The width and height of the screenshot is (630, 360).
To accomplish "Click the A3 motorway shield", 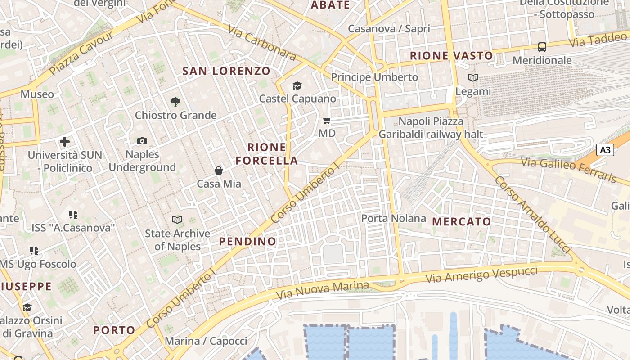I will (x=605, y=150).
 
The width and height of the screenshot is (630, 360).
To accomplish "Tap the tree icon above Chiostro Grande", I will (x=175, y=102).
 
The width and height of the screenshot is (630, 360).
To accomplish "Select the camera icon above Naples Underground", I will (x=142, y=141).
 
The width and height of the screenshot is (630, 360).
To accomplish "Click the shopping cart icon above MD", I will (x=327, y=121).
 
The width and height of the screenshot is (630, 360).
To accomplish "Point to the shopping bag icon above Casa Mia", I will (x=219, y=171).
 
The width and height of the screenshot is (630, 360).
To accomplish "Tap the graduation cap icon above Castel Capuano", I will (x=297, y=85).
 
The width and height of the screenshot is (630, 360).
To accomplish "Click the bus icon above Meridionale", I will (x=542, y=47).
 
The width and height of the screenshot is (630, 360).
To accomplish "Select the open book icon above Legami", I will (x=473, y=78).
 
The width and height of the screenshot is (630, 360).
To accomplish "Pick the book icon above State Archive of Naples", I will (x=178, y=220).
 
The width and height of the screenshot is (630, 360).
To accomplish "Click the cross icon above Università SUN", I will (x=65, y=142).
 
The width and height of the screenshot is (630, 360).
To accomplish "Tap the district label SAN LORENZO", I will (x=226, y=71).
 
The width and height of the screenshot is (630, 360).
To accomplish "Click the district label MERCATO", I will (x=462, y=222).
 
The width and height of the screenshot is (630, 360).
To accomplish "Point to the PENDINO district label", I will (x=247, y=242).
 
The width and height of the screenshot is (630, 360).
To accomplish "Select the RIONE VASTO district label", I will (x=452, y=56).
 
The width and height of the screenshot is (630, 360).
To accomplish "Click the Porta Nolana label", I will (x=394, y=219).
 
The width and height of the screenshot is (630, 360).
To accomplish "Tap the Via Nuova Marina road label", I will (x=322, y=291).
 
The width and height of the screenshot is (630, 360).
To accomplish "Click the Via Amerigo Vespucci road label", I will (x=481, y=274).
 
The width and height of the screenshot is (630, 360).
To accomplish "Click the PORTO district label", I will (x=114, y=330).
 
